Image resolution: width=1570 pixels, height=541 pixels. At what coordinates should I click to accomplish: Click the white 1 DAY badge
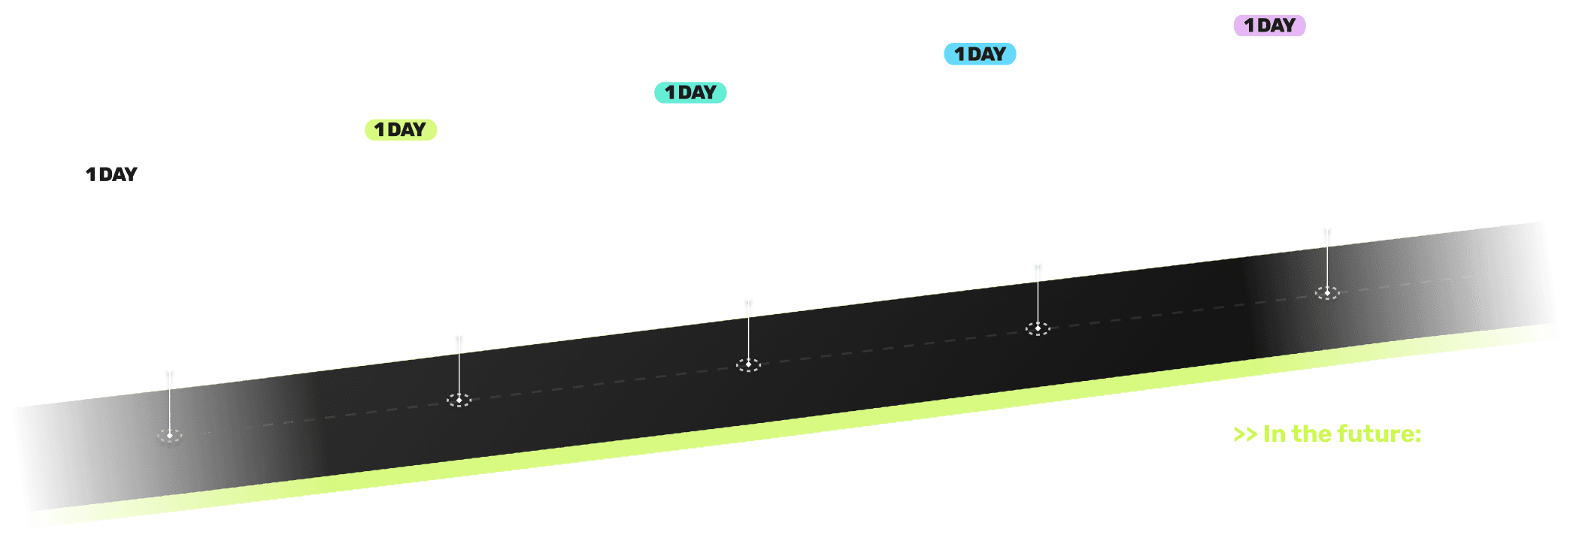point(111,174)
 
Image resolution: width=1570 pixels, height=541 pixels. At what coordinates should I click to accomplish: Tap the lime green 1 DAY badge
point(401,130)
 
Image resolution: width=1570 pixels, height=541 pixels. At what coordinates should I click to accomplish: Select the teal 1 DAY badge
point(690,92)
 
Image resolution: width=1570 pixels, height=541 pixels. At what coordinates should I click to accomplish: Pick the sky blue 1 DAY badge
point(980,54)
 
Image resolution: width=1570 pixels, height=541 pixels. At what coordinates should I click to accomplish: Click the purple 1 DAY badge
point(1269,26)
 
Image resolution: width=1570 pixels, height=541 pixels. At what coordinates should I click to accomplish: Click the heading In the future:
point(1341,434)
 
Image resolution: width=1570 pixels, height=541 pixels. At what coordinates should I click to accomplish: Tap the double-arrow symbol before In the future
point(1244,434)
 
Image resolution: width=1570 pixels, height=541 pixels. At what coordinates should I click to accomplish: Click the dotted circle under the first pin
point(170,435)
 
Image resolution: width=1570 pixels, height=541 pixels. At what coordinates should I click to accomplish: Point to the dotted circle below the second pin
point(459,400)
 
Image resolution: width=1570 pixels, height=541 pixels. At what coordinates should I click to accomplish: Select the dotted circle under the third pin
point(748,364)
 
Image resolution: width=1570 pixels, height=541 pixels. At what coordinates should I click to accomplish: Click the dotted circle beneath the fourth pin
point(1038,328)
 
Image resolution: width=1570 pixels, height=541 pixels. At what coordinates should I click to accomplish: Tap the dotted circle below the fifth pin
point(1327,292)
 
